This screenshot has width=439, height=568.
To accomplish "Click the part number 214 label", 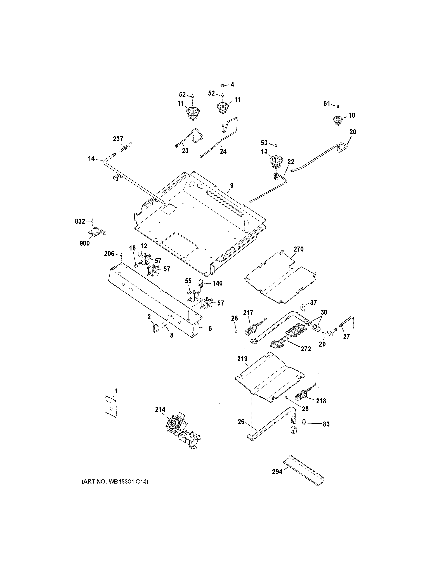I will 160,409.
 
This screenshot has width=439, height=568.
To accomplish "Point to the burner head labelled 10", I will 337,120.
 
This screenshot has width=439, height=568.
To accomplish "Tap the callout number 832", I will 80,221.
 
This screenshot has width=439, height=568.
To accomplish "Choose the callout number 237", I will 118,139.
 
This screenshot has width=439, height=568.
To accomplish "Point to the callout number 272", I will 306,349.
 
